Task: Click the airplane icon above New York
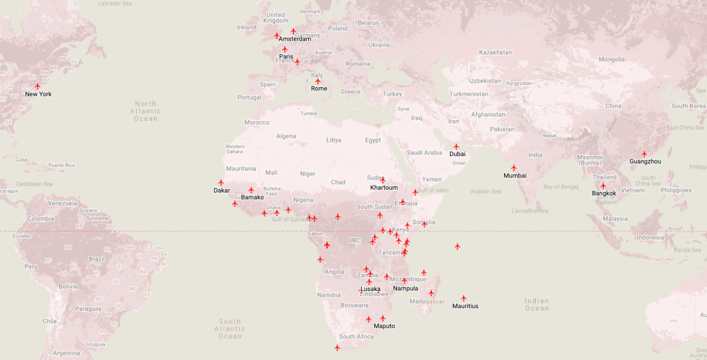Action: [38, 86]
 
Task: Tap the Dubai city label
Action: [457, 154]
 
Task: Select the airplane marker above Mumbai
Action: [514, 168]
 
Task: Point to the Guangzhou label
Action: [645, 161]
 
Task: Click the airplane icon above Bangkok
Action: [603, 186]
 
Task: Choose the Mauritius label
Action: [465, 306]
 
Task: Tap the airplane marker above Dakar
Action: [222, 183]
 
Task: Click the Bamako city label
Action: [252, 197]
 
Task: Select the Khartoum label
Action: [384, 188]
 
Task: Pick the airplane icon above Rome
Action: [318, 81]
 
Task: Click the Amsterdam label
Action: [295, 39]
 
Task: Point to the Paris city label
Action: [286, 57]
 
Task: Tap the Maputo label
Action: [384, 326]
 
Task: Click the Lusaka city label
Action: [371, 289]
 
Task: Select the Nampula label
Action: [405, 289]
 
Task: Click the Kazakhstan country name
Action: [495, 52]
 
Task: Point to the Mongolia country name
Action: [612, 60]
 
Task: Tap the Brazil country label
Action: [97, 259]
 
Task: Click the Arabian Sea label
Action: [485, 191]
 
